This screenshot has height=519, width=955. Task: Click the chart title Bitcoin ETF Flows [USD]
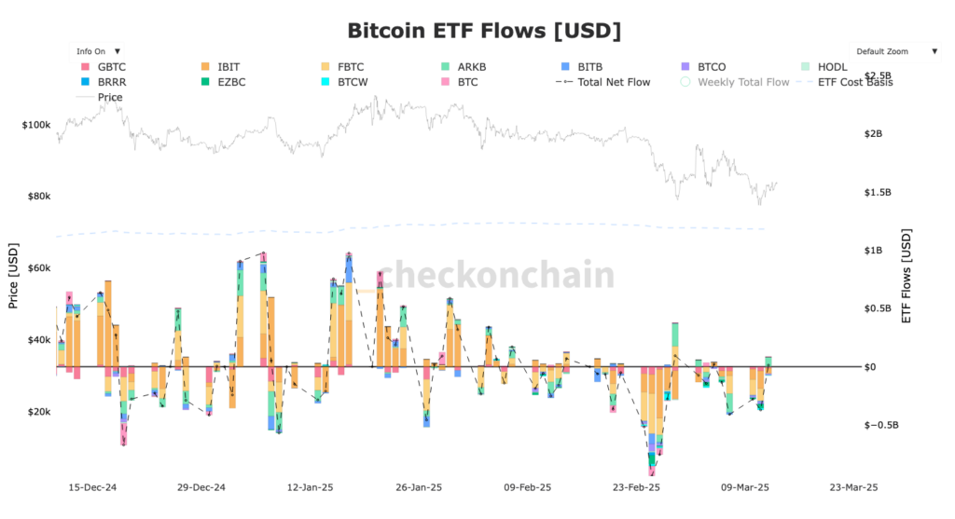[x=484, y=31]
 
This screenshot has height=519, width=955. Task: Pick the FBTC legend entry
[x=351, y=67]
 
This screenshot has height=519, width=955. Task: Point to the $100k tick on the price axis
[x=36, y=124]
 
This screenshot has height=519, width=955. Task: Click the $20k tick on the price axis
[x=38, y=412]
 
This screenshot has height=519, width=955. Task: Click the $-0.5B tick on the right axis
[x=881, y=425]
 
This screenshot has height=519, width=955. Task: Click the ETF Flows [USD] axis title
[x=906, y=276]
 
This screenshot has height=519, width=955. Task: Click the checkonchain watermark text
[x=496, y=276]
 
